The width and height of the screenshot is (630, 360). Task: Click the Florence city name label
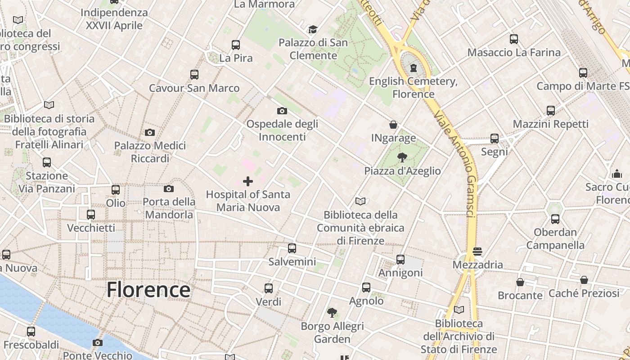click(x=148, y=290)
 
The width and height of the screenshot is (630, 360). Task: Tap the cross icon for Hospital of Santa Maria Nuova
click(x=248, y=181)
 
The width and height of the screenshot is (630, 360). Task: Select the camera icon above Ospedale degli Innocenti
click(x=282, y=111)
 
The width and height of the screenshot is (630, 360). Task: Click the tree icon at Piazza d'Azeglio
click(x=402, y=157)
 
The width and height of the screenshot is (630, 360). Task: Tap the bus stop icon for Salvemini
click(x=292, y=248)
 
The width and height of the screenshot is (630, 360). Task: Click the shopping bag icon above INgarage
click(x=393, y=125)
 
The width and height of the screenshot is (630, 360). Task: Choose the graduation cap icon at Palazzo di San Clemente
click(x=313, y=30)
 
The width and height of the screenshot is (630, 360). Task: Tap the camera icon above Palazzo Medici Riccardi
click(x=150, y=132)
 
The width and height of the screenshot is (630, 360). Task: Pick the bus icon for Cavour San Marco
click(x=194, y=74)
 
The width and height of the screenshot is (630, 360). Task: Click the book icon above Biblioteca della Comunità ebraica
click(x=360, y=201)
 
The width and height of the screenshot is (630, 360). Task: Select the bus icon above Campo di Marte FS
click(x=583, y=72)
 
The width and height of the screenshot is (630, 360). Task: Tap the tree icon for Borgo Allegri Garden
click(x=332, y=312)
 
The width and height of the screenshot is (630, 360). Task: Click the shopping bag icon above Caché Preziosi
click(x=584, y=280)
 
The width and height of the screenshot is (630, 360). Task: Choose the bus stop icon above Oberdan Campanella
click(x=555, y=219)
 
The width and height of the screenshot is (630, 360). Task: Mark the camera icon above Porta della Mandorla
click(x=169, y=189)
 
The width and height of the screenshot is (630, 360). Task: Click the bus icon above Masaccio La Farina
click(x=514, y=39)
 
